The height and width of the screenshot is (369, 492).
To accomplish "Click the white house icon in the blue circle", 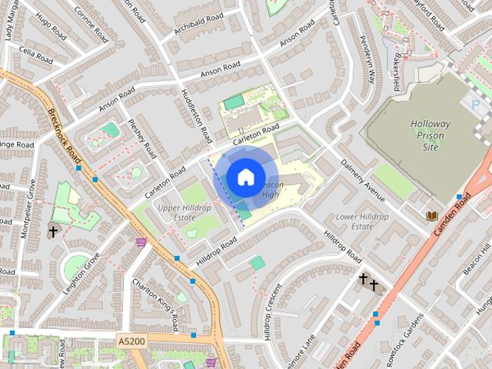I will tap(245, 178).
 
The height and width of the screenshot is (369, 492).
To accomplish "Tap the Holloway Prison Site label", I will tap(436, 135).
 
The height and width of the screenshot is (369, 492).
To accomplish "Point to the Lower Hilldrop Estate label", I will tap(362, 221).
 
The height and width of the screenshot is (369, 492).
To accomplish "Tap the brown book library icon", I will tap(432, 217).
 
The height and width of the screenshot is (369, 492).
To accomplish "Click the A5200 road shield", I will tap(131, 339).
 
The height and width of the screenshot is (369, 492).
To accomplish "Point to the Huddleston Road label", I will tap(195, 114).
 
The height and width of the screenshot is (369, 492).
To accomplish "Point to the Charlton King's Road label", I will tap(157, 302).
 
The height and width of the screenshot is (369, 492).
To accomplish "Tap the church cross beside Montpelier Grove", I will tap(53, 231).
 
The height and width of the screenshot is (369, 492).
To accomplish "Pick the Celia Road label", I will tap(35, 55).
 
